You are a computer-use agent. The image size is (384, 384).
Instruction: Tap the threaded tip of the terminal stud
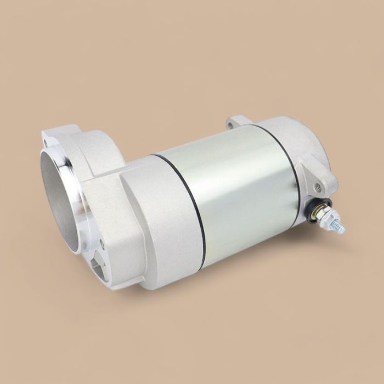tap(339, 225)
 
